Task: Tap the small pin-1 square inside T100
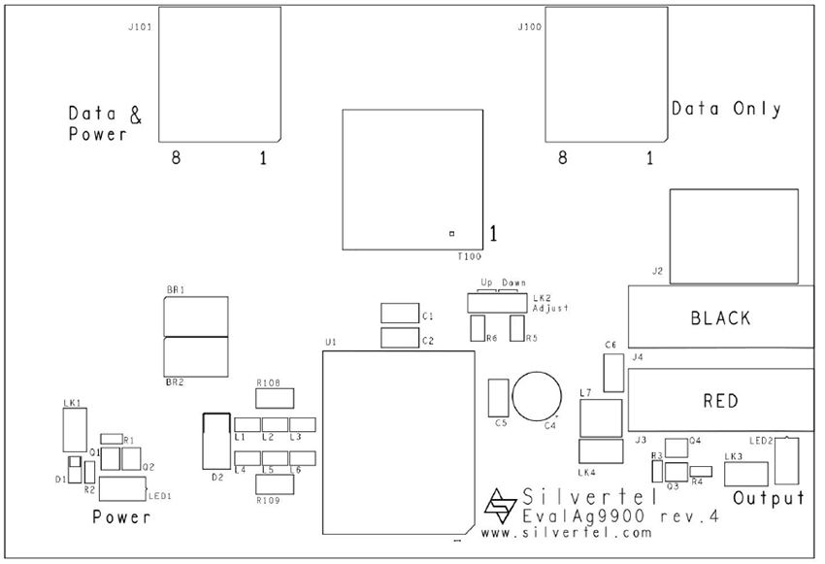[x=451, y=233]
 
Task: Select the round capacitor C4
[x=537, y=395]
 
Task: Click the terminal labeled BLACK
[x=720, y=317]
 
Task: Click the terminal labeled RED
[x=720, y=400]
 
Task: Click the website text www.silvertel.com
[x=566, y=534]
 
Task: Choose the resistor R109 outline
[x=274, y=484]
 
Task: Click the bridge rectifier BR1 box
[x=196, y=316]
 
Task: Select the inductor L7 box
[x=600, y=418]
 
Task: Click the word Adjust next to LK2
[x=549, y=308]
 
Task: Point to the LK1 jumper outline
[x=74, y=430]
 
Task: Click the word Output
[x=769, y=499]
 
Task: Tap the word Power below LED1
[x=121, y=517]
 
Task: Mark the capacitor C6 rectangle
[x=612, y=373]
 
